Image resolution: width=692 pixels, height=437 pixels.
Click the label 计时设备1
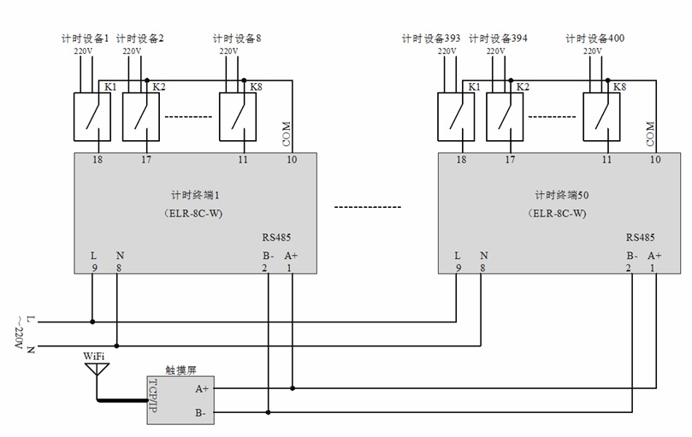point(86,38)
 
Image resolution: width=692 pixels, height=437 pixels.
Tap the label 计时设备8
point(237,38)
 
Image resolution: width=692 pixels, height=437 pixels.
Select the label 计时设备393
point(431,38)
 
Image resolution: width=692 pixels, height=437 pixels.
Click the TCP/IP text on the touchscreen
point(155,399)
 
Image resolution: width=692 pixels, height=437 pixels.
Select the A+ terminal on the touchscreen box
point(202,388)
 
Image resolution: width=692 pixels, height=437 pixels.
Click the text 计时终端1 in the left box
point(196,196)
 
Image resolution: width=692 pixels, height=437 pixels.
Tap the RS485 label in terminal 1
point(275,239)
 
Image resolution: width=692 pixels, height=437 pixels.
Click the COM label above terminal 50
point(650,133)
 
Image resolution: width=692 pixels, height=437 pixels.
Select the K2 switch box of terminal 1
point(141,115)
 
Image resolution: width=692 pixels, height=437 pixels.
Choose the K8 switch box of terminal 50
point(601,115)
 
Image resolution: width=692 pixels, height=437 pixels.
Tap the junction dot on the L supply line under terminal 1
point(92,322)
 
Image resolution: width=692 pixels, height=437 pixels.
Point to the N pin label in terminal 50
point(483,255)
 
